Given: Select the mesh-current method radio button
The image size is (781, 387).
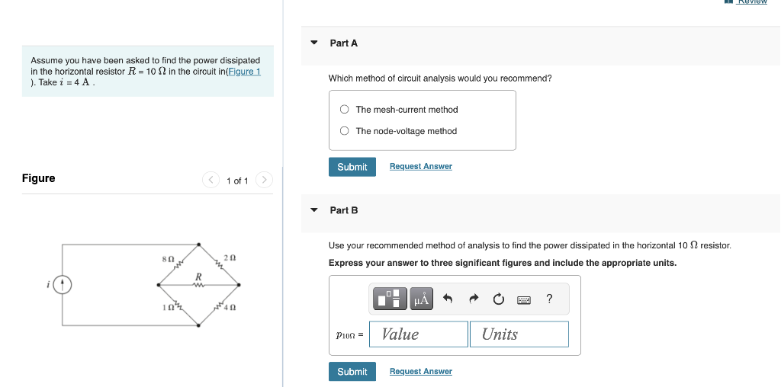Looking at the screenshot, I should point(345,110).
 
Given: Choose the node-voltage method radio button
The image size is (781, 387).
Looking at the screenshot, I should point(345,131).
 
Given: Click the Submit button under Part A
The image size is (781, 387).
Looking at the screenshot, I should point(352,167).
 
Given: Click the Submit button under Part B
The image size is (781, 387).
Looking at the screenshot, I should point(352,372).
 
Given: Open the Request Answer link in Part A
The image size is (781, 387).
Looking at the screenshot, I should point(420,167).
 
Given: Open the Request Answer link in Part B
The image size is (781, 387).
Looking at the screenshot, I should point(420,372).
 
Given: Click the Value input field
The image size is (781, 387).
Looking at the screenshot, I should point(418,334).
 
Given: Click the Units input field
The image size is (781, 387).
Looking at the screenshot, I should point(519,334).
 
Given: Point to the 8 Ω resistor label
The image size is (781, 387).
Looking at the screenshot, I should point(169,260).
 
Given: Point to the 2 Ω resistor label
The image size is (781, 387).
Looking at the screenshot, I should point(230,259).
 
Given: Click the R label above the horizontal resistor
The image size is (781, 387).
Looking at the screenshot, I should point(198,276).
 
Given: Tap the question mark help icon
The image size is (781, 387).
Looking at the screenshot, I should point(549,299).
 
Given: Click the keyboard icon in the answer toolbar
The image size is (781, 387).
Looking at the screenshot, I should point(524,300).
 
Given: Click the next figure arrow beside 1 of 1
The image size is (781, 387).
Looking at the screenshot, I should point(263,181).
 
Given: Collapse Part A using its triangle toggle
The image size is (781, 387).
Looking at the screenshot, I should point(313,43).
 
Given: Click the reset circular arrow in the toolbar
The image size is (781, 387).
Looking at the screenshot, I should point(498,300).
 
